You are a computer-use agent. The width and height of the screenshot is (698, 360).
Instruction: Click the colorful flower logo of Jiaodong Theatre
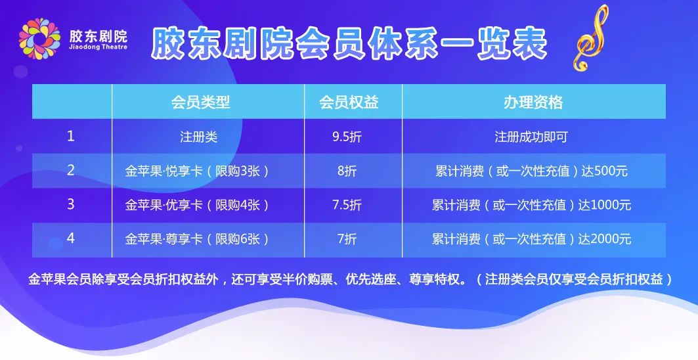(x=39, y=38)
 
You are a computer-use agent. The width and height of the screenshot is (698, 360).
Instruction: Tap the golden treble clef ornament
(x=591, y=38)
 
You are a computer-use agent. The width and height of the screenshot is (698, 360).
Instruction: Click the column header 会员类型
(x=200, y=102)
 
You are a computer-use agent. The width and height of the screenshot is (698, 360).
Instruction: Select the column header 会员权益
(x=349, y=102)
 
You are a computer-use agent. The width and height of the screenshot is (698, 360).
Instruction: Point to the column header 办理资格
(x=533, y=102)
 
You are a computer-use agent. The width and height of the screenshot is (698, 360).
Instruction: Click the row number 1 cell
(x=70, y=136)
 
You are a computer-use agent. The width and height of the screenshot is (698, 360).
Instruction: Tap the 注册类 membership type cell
(x=198, y=137)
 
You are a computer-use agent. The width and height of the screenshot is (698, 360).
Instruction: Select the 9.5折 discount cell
(x=347, y=137)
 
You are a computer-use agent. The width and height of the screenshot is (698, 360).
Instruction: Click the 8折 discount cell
(x=347, y=171)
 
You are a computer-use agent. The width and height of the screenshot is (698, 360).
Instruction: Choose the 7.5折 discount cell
(x=347, y=204)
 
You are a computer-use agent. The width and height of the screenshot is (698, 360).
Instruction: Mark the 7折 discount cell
(x=347, y=239)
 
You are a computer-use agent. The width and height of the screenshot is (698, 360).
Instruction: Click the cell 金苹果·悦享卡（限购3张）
(x=197, y=171)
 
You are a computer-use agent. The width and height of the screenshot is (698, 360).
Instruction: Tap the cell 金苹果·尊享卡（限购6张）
(x=197, y=239)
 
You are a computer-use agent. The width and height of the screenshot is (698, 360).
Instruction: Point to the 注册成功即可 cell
(x=531, y=137)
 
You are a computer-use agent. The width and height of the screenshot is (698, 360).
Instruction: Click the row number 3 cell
(x=70, y=204)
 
